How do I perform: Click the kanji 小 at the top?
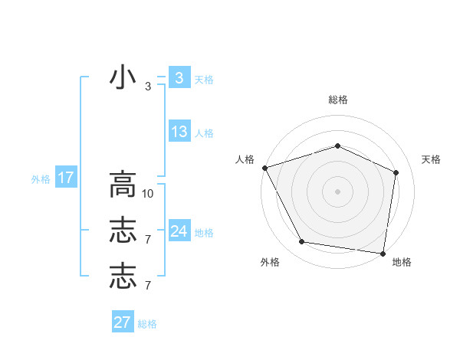(123, 80)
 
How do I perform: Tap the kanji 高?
(123, 185)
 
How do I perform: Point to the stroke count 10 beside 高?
(148, 194)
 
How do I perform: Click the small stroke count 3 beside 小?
(148, 87)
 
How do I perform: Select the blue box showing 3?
(179, 78)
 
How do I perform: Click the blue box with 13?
(179, 132)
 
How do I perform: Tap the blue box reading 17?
(65, 178)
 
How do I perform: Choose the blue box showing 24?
(179, 231)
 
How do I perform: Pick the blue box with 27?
(123, 322)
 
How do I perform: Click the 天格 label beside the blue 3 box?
(204, 79)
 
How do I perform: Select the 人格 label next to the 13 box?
(204, 133)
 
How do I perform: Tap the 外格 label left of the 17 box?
(40, 179)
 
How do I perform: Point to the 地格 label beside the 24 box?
(204, 233)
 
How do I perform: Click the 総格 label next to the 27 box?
(147, 324)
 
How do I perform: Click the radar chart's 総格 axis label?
(337, 100)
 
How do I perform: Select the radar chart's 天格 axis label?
(431, 159)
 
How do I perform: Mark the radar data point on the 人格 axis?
(264, 168)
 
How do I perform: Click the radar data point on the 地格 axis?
(383, 253)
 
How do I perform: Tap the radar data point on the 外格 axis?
(302, 242)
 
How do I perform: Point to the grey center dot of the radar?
(337, 191)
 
